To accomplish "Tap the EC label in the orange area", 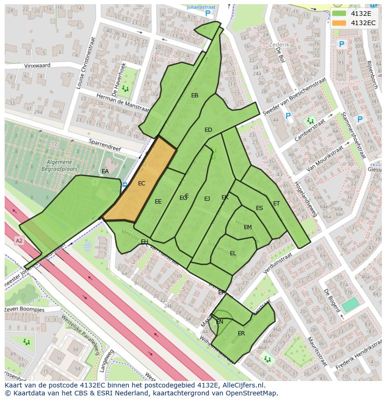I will click(x=142, y=184).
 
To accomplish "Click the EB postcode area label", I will click(x=195, y=95).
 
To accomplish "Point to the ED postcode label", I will click(x=208, y=130).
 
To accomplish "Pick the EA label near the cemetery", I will click(x=105, y=171).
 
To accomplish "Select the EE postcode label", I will click(x=158, y=202).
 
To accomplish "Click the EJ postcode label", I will click(x=207, y=199).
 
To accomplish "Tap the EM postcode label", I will click(x=248, y=227).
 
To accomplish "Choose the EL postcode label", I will click(x=233, y=253).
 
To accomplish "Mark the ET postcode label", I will click(x=276, y=204).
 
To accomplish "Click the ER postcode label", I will click(x=241, y=333).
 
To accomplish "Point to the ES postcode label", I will click(x=259, y=208).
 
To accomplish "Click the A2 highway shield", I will click(x=19, y=241).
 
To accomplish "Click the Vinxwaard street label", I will click(x=37, y=66).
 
